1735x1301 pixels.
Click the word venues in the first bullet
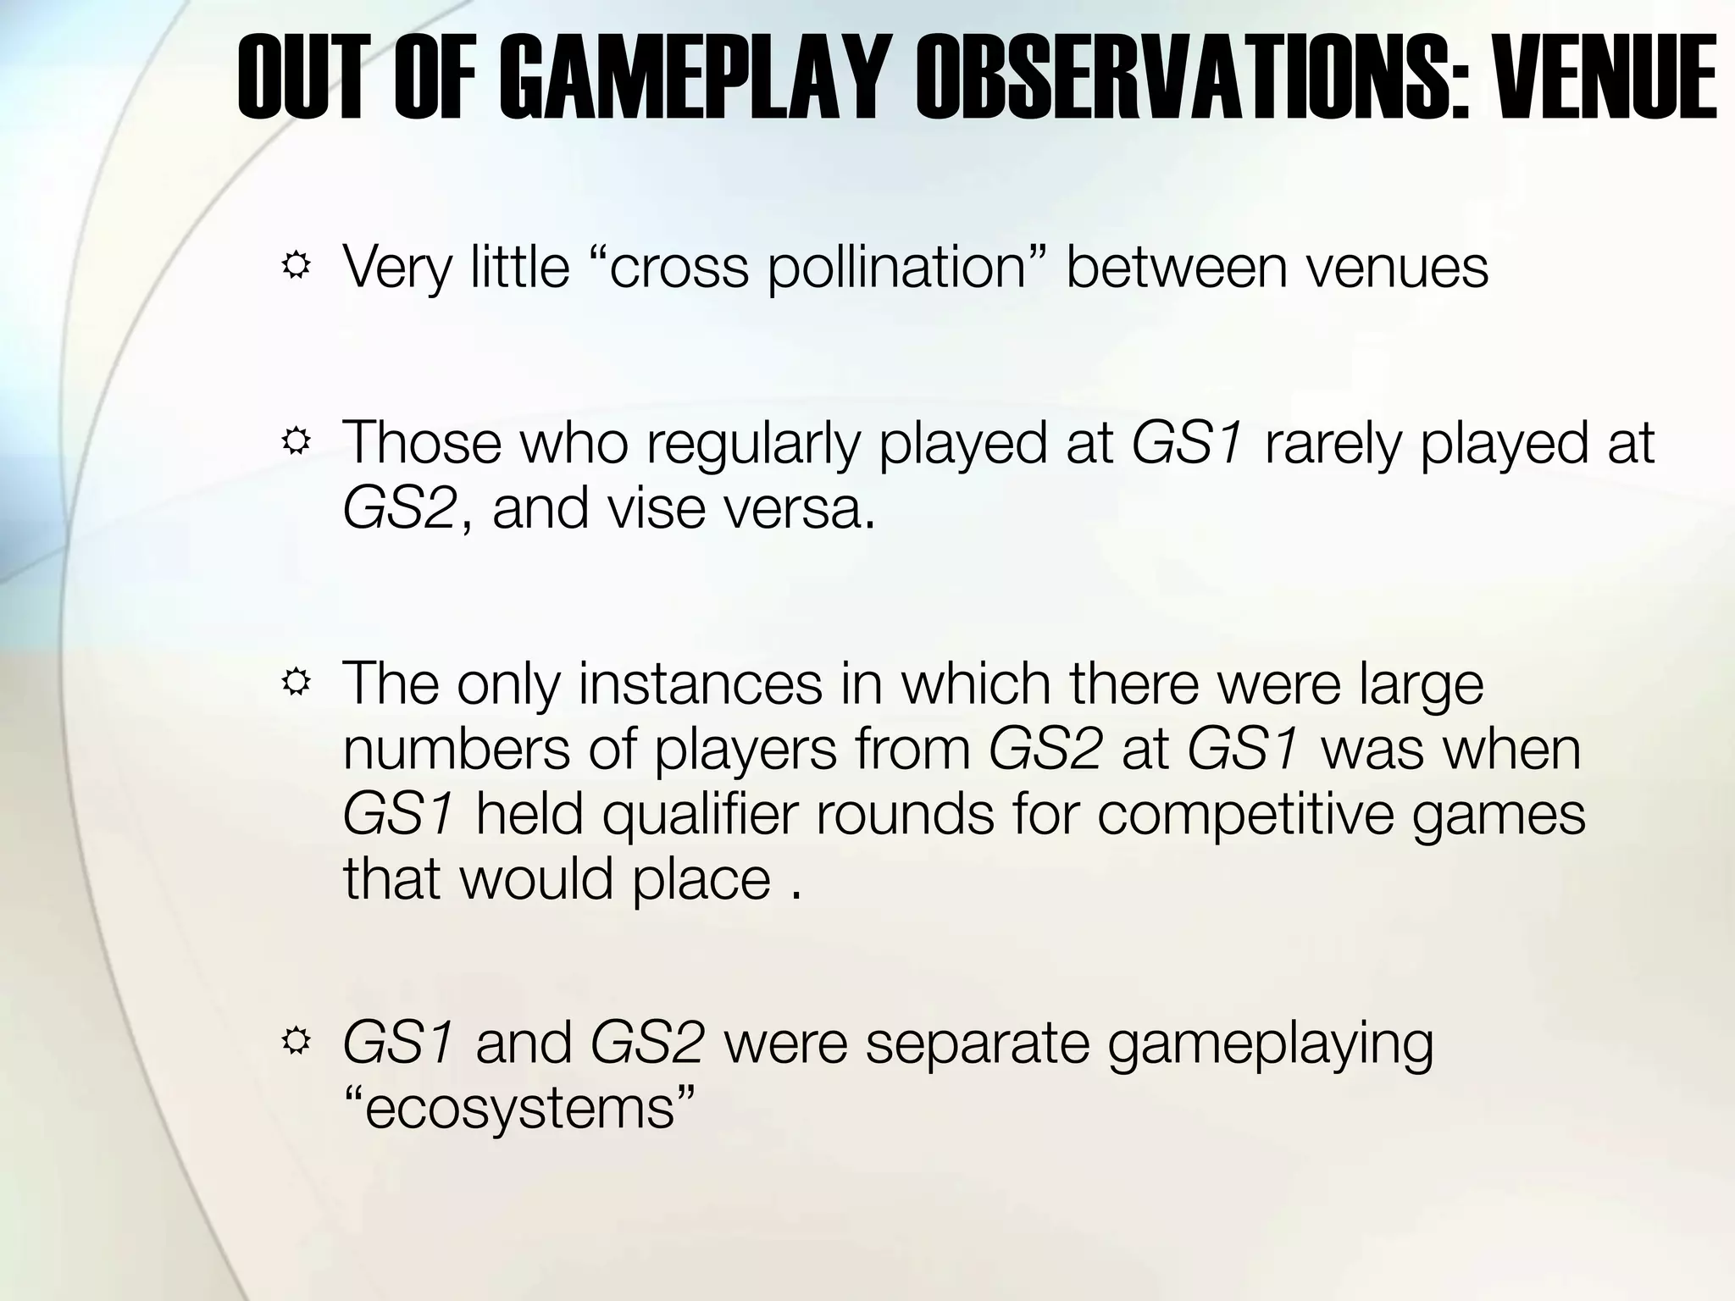tap(1395, 268)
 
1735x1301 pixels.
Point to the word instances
tap(701, 684)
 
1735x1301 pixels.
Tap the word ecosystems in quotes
tap(520, 1108)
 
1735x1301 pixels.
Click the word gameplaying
tap(1270, 1044)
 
